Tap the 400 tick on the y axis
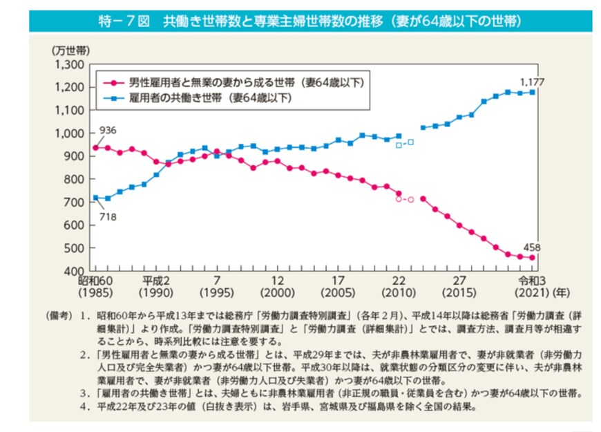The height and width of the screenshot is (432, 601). click(x=75, y=270)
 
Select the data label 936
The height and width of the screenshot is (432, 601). click(x=107, y=131)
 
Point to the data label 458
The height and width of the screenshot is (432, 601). click(x=532, y=246)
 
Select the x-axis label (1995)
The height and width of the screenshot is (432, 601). click(x=216, y=292)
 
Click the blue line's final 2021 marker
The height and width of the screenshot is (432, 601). click(x=532, y=92)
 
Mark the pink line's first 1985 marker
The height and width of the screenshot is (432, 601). click(x=95, y=147)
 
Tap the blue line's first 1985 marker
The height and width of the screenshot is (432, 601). click(x=95, y=198)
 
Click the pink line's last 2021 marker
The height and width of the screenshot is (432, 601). click(x=532, y=258)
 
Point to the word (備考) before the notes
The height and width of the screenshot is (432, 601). click(x=57, y=314)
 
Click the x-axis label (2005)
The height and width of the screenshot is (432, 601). click(x=338, y=292)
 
